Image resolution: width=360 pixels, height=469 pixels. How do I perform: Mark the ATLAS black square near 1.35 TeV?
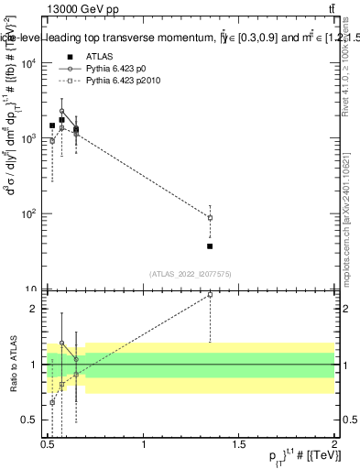(x=210, y=246)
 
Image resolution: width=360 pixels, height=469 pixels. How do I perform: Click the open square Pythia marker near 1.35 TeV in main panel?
(x=210, y=218)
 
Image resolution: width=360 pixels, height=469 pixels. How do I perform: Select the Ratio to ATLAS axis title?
(x=12, y=365)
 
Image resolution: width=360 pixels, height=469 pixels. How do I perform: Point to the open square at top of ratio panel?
(x=210, y=294)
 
